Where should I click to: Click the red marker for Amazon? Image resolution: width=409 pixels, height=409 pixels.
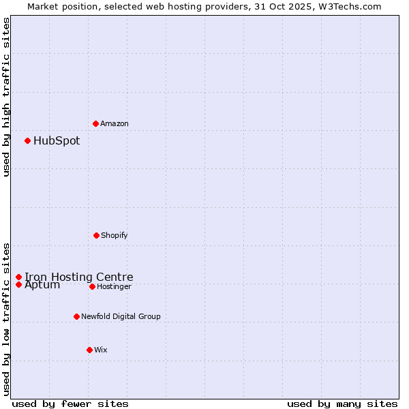(x=96, y=123)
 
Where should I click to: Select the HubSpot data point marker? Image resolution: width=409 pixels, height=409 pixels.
(x=28, y=140)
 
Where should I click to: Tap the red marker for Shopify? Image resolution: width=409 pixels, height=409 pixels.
(x=96, y=235)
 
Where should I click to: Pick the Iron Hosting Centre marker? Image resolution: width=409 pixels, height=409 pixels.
(x=19, y=277)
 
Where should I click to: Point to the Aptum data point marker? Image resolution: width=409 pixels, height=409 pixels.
(x=19, y=284)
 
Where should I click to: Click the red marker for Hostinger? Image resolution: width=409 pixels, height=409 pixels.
(x=92, y=286)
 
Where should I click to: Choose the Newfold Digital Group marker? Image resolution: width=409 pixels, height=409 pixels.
(x=76, y=316)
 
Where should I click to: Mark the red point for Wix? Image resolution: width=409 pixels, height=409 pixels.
(x=89, y=350)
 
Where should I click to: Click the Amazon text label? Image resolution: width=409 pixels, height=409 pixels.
(x=115, y=123)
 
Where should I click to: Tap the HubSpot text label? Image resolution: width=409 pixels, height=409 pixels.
(x=57, y=141)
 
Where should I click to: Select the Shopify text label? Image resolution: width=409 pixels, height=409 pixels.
(x=115, y=235)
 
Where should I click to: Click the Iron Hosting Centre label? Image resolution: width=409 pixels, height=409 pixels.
(x=79, y=277)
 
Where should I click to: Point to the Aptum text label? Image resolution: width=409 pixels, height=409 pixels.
(x=42, y=285)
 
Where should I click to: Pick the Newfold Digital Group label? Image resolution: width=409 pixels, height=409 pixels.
(x=121, y=316)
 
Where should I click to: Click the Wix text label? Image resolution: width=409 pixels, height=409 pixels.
(x=101, y=350)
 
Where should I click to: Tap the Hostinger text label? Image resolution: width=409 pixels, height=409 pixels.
(x=114, y=286)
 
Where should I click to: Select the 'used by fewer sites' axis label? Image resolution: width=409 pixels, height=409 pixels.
(x=70, y=404)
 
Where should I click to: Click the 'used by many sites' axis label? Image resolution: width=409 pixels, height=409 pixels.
(x=342, y=404)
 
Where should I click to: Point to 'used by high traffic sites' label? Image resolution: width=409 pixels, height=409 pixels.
(x=6, y=97)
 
